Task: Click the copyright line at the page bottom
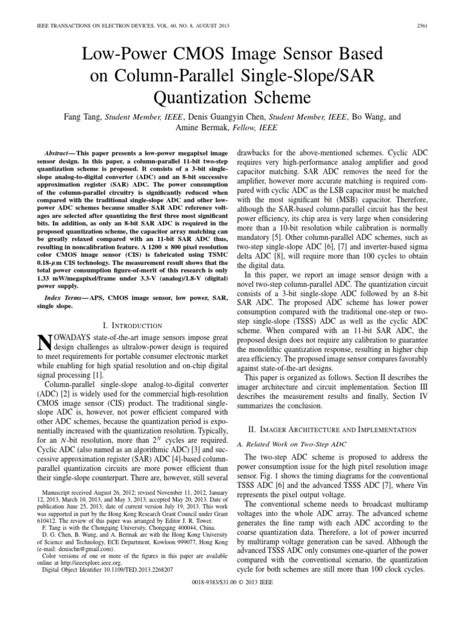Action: click(x=232, y=606)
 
